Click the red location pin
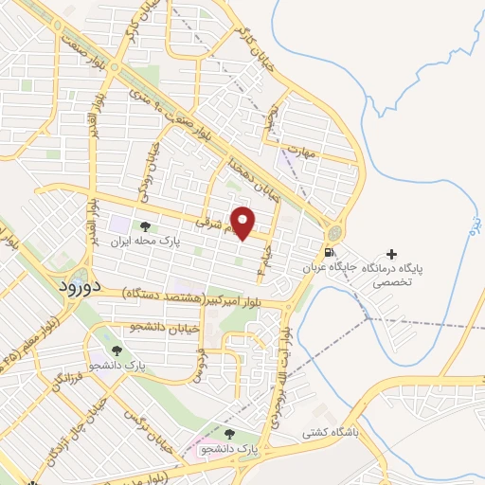pos(244,223)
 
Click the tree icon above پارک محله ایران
pos(144,226)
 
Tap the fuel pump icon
pos(329,253)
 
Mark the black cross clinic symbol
pos(391,254)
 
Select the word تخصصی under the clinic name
pos(391,282)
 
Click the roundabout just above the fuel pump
pos(333,232)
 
